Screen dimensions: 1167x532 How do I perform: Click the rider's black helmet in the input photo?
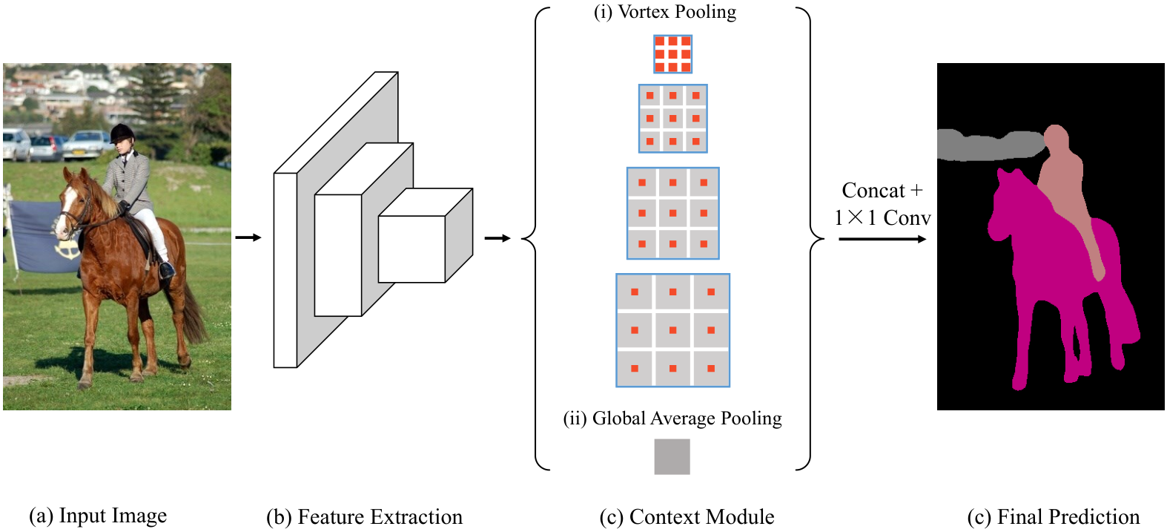click(x=122, y=134)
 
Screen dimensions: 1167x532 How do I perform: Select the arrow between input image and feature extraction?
click(x=248, y=238)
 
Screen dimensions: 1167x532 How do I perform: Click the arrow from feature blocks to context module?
click(x=497, y=238)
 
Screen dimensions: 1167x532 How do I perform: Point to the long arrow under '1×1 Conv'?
click(x=882, y=239)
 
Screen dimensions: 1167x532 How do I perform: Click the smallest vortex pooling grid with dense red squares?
click(x=672, y=54)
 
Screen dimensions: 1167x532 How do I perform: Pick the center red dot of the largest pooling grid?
click(x=672, y=330)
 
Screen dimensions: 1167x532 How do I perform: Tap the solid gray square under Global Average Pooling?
click(x=672, y=457)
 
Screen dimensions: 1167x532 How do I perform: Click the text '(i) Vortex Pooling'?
click(x=665, y=11)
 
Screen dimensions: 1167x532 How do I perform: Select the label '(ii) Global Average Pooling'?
click(x=672, y=418)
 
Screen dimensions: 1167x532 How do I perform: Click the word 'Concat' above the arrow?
click(x=873, y=191)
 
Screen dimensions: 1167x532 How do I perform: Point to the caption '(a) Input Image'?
click(x=98, y=516)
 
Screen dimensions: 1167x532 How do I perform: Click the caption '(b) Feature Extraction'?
click(x=364, y=517)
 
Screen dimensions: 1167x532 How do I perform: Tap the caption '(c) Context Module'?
click(x=687, y=517)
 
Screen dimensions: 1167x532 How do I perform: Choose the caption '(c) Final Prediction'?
click(x=1054, y=517)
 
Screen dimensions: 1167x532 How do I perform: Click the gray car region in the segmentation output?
click(x=990, y=145)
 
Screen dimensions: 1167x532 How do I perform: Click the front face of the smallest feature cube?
click(x=411, y=249)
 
